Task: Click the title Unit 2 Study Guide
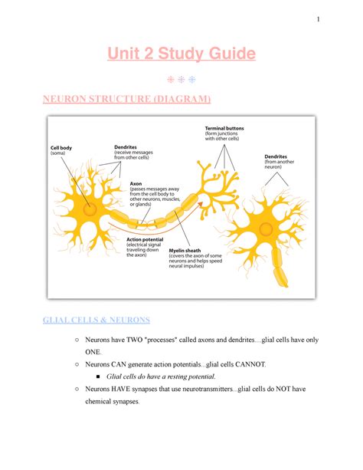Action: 181,54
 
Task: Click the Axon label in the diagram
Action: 136,184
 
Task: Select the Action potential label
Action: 145,240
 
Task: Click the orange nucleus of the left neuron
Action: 90,208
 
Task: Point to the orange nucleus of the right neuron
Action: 267,228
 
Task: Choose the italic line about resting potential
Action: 162,376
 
